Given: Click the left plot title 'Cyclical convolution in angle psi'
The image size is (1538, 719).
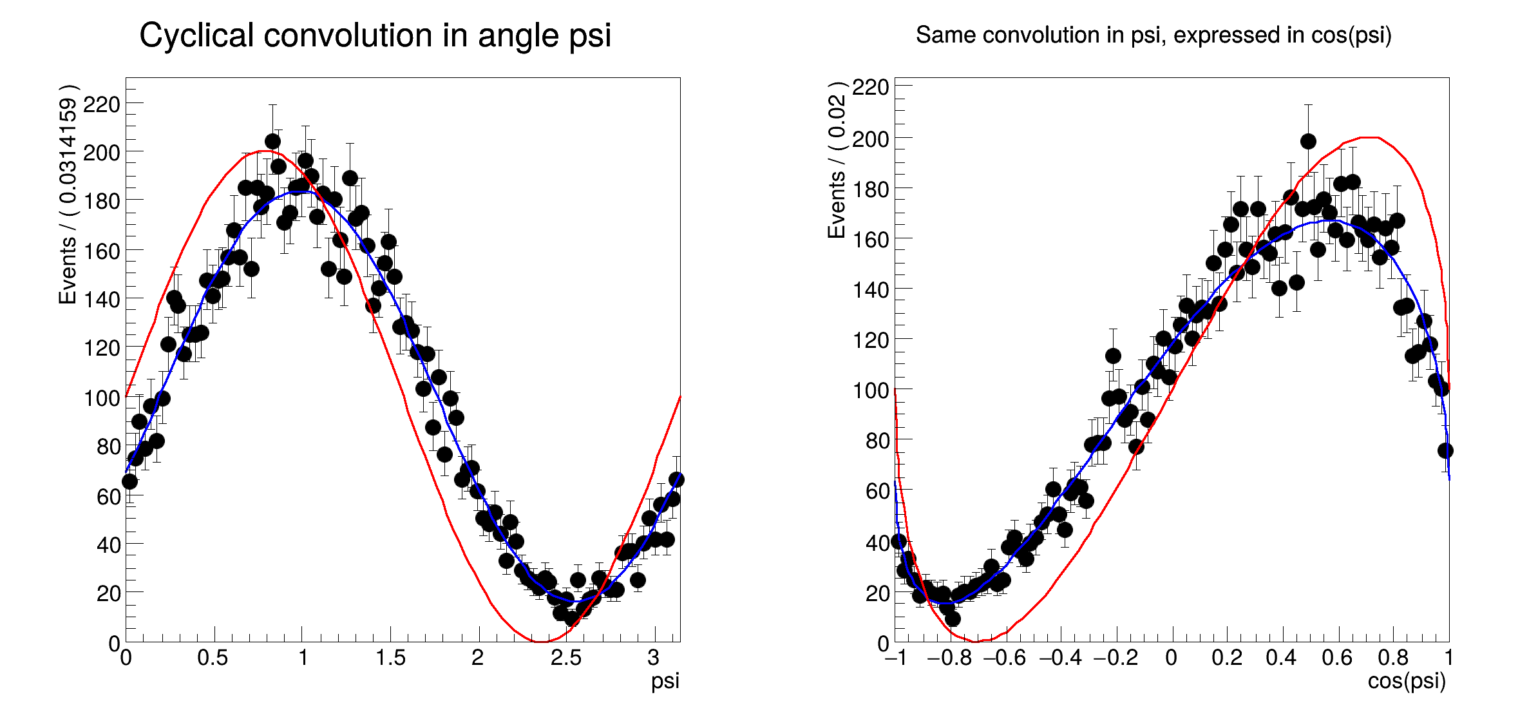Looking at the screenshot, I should [x=375, y=35].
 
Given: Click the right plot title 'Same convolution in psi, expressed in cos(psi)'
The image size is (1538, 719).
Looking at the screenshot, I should [x=1153, y=35].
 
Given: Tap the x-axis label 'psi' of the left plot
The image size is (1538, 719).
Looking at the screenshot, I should [x=665, y=681].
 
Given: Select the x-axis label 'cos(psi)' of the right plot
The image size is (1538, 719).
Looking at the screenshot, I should [x=1407, y=681].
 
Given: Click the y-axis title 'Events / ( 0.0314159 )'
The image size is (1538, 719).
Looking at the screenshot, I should [x=68, y=194].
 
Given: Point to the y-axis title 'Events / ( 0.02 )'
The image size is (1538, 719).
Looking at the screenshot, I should [x=837, y=160].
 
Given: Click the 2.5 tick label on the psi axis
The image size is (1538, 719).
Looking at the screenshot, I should [x=565, y=658].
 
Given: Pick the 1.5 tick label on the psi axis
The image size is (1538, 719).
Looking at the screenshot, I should [x=390, y=658].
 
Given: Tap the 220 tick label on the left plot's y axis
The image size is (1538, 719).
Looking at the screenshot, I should [x=101, y=104].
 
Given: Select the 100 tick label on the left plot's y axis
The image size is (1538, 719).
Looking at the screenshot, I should [x=101, y=398].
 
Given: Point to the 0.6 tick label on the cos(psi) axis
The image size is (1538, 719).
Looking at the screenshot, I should [x=1336, y=658].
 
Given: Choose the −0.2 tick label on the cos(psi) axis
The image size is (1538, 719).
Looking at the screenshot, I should [x=1116, y=658].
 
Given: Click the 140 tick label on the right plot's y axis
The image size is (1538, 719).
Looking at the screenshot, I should [x=871, y=290].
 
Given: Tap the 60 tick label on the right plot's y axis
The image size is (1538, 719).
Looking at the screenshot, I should [x=877, y=492].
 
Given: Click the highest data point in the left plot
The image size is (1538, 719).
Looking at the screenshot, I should [x=272, y=141].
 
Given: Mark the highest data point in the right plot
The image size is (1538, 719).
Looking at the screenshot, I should [x=1308, y=141].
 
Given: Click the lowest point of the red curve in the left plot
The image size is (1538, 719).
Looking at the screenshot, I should [x=540, y=642].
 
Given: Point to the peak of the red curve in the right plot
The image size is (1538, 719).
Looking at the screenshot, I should [x=1369, y=137].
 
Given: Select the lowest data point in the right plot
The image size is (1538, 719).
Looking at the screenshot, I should [x=953, y=618].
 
